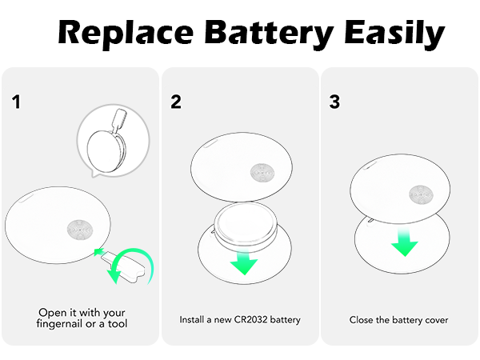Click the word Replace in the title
click(124, 34)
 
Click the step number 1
click(16, 102)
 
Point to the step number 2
click(176, 102)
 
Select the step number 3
click(335, 102)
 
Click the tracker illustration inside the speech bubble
click(107, 141)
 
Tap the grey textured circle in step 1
click(80, 229)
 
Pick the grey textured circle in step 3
click(420, 193)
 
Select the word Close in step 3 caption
click(362, 320)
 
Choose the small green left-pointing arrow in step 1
click(100, 253)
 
